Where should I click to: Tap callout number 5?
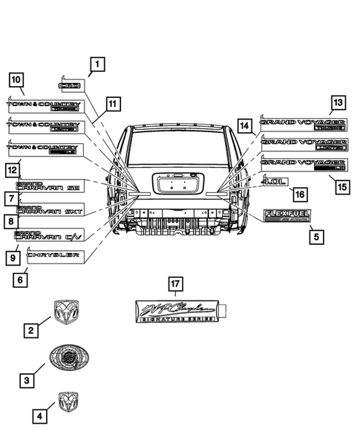click(x=315, y=237)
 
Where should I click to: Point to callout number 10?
click(x=16, y=79)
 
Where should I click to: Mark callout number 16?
click(x=298, y=194)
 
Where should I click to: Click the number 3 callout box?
click(x=27, y=380)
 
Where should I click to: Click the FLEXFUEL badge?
click(x=287, y=216)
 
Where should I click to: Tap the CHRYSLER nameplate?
click(x=52, y=255)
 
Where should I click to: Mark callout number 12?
click(x=13, y=170)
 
